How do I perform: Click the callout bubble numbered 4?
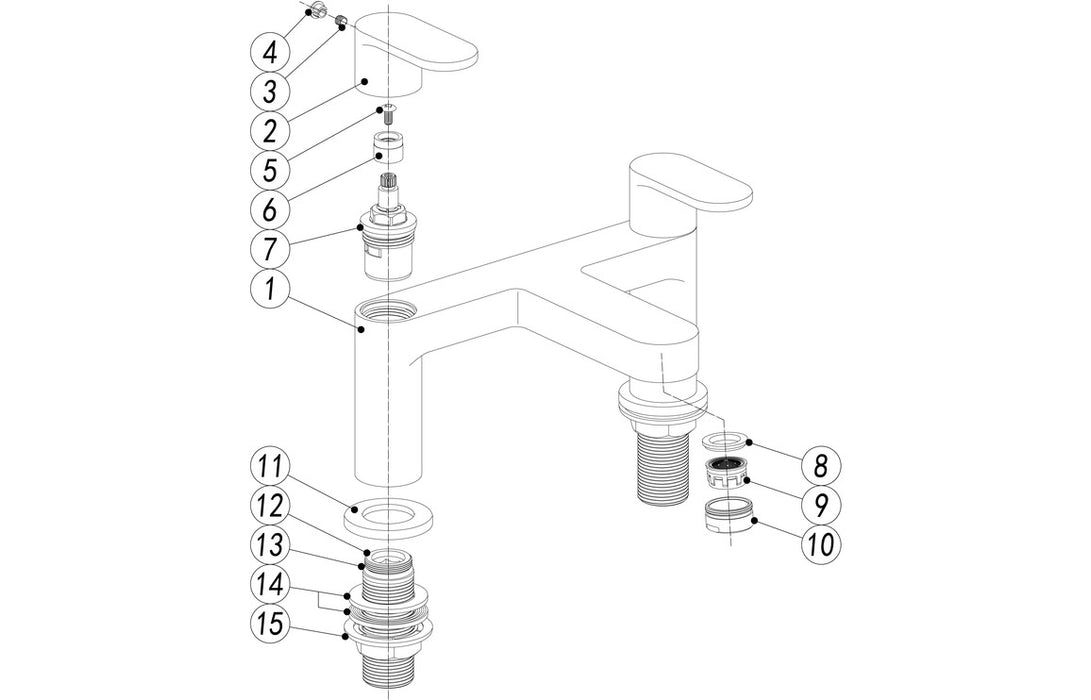coord(269,49)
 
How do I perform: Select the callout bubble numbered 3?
coord(269,90)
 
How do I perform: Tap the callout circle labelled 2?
coord(269,131)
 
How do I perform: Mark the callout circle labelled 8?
coord(821,465)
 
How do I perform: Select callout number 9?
coord(821,504)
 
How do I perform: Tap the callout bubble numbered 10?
coord(821,544)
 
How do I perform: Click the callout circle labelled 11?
coord(269,466)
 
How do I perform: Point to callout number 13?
coord(269,547)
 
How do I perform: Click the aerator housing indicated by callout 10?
coord(730,518)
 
